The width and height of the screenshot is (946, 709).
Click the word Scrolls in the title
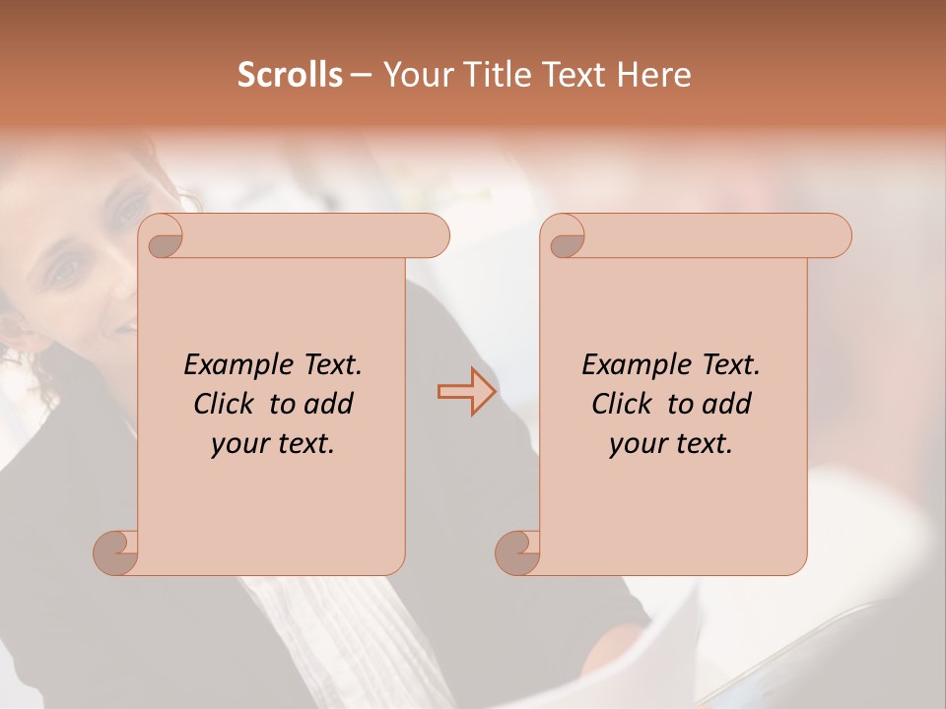290,75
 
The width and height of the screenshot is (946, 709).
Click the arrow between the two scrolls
466,392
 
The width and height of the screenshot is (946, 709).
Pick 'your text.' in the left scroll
273,444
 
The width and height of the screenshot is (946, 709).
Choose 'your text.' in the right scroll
671,444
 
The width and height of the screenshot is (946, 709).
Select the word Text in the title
579,75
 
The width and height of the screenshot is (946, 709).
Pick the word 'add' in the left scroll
329,404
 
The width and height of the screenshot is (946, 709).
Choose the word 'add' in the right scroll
727,404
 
